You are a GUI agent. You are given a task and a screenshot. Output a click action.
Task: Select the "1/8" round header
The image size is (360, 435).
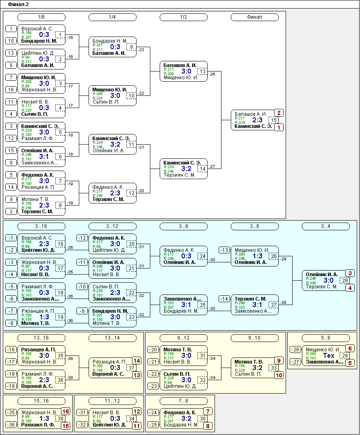click(x=41, y=17)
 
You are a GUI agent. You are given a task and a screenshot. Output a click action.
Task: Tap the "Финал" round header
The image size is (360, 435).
click(x=255, y=17)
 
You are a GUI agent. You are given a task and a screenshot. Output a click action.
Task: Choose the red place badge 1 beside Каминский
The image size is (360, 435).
click(x=279, y=128)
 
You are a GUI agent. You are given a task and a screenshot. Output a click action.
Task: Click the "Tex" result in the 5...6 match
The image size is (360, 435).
click(x=328, y=356)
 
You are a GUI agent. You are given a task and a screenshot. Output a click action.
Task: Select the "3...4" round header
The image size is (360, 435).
click(x=326, y=226)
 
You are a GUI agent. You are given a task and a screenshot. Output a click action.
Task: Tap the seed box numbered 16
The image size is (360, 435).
click(x=11, y=89)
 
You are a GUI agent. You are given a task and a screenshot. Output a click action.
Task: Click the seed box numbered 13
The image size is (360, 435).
click(x=11, y=53)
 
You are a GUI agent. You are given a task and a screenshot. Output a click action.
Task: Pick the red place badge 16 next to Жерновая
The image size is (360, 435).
click(x=66, y=411)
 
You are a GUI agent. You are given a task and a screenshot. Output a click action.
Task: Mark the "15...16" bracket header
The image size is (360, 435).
click(x=41, y=401)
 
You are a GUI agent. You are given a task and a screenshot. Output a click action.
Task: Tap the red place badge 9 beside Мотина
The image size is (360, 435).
click(x=279, y=361)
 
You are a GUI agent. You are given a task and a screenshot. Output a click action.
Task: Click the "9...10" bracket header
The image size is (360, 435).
click(x=255, y=338)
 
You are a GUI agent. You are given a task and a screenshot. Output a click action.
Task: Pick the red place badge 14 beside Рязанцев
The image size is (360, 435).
click(x=137, y=361)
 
